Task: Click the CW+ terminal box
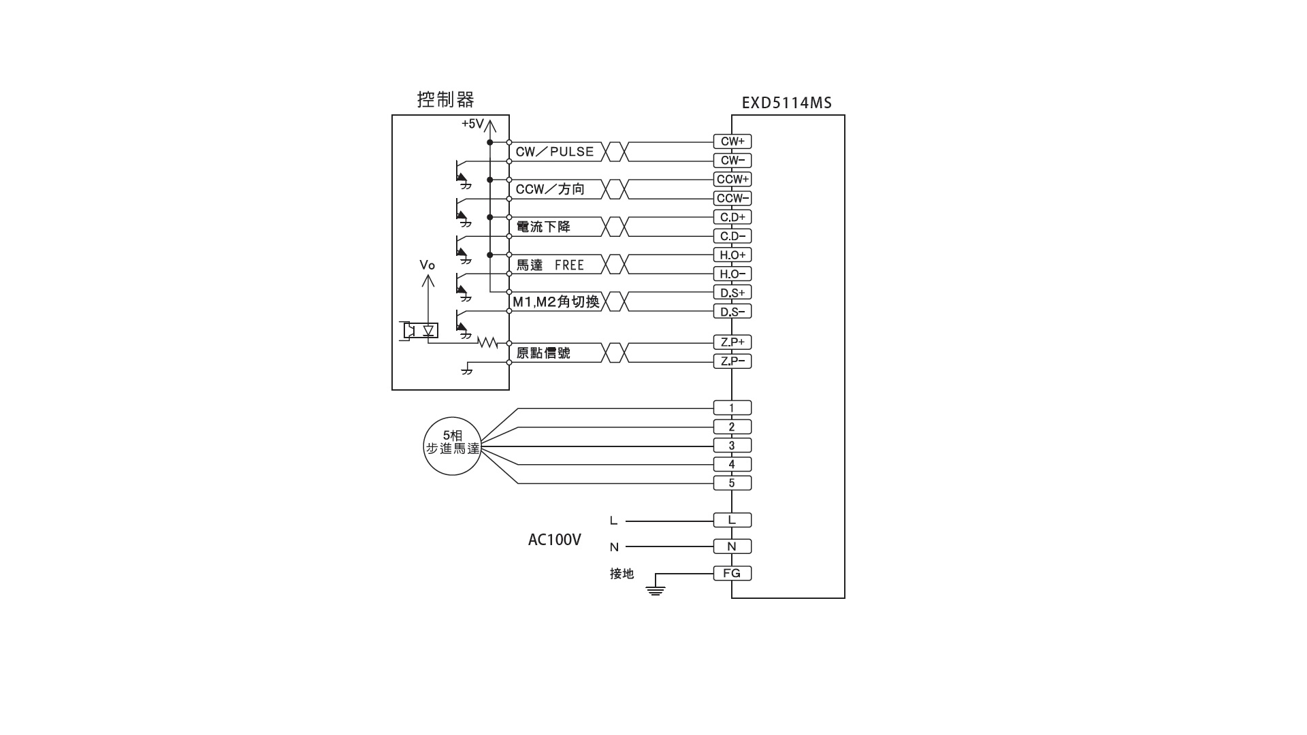732,142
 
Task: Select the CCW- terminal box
732,198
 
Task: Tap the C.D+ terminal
732,217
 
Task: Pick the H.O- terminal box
732,274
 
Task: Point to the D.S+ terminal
732,293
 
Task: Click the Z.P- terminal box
732,361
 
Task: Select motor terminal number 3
732,446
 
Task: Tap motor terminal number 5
732,483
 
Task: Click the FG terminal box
732,573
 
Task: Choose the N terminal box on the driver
732,546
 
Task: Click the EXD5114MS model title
786,103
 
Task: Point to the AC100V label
554,540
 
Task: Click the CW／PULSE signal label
554,152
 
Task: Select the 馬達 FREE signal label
550,265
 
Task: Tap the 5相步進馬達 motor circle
452,446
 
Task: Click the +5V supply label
472,124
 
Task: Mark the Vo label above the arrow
427,265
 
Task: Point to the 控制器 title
445,100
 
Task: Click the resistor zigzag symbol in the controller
487,342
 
